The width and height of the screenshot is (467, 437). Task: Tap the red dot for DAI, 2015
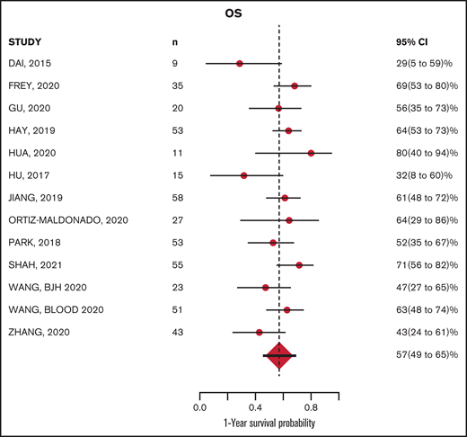coord(240,64)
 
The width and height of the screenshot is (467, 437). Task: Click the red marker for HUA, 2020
coord(311,153)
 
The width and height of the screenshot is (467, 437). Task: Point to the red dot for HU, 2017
coord(243,175)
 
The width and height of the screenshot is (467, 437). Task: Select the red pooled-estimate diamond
coord(279,356)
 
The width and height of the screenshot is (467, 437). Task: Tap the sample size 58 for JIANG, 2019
coord(177,198)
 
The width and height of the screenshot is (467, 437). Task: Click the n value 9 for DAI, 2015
coord(174,64)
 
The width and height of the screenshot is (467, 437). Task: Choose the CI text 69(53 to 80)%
coord(416,86)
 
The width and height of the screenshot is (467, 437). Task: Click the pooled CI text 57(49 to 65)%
coord(416,356)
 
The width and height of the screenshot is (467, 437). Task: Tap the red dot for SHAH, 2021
coord(299,265)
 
